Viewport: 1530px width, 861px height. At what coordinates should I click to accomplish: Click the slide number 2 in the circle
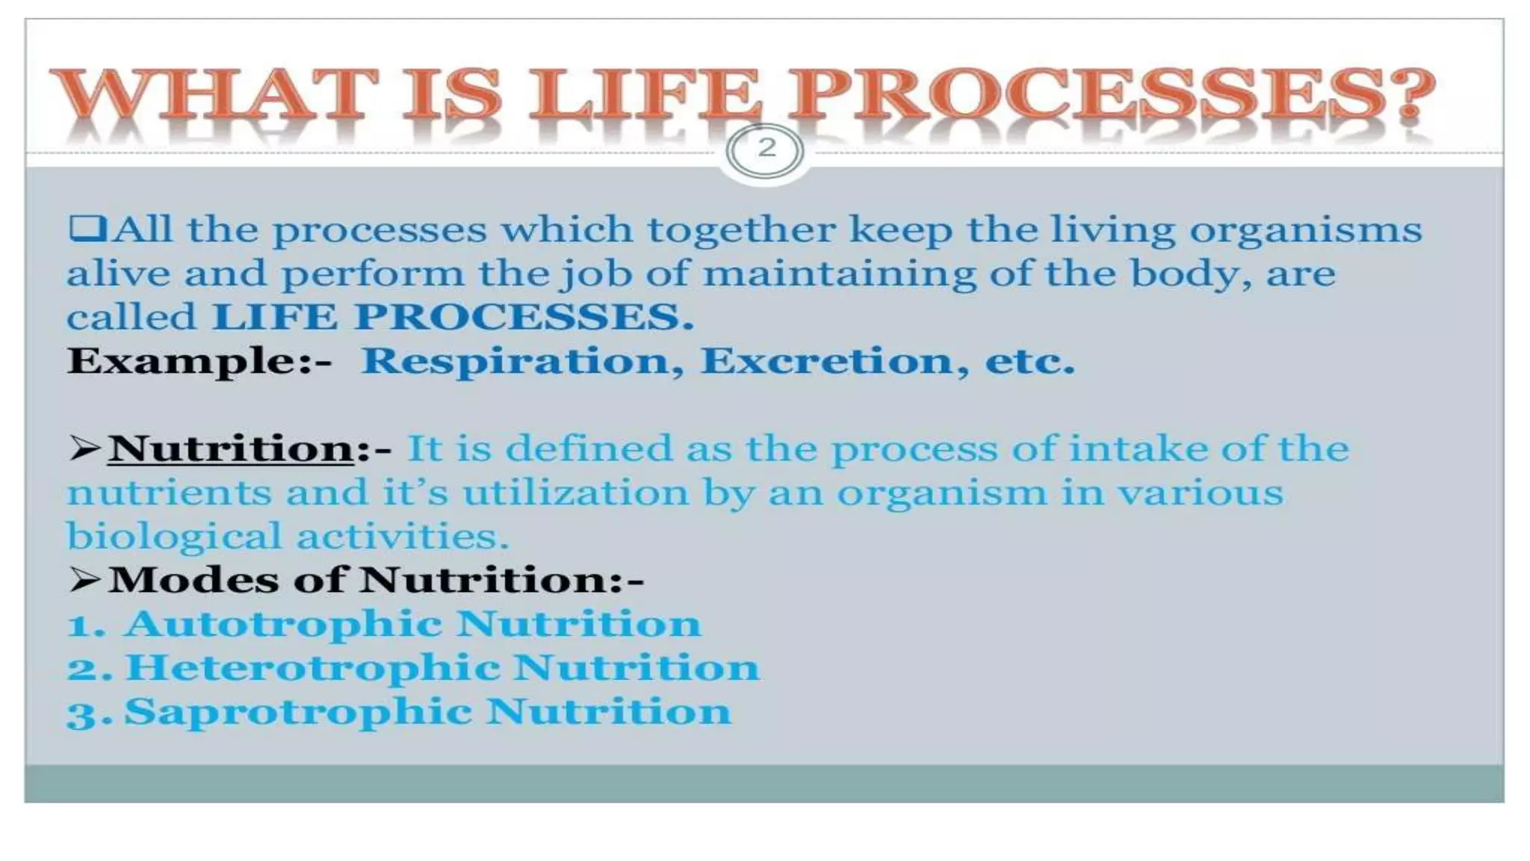coord(766,148)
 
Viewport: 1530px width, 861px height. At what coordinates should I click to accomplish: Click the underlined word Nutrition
coord(231,449)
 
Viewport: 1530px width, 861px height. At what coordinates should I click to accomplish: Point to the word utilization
coord(575,493)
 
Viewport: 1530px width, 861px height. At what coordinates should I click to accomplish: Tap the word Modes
coord(193,580)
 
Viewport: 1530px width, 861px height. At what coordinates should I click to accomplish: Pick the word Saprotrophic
coord(297,712)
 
